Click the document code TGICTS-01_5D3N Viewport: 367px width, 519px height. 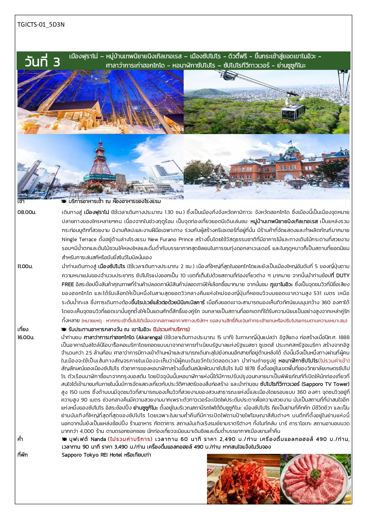pos(41,25)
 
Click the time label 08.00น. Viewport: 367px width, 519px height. pos(27,212)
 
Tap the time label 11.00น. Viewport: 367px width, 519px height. pos(25,266)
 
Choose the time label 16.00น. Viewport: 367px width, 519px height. pos(26,337)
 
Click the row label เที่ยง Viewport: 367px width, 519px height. pos(23,329)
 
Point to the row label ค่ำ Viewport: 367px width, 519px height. pos(20,439)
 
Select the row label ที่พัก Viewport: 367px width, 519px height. pos(22,455)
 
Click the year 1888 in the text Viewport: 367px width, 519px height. pos(344,337)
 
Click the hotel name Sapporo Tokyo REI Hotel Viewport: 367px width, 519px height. pos(92,455)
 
